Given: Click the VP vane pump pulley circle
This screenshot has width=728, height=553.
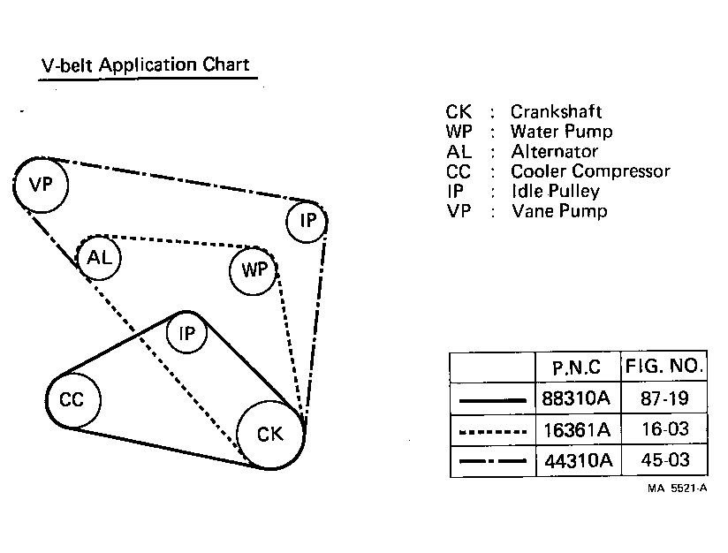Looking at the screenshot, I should [42, 186].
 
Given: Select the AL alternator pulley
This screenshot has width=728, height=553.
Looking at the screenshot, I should [100, 258].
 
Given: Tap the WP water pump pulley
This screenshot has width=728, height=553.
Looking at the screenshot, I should [254, 269].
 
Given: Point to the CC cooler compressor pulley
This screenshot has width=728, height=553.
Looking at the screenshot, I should [72, 400].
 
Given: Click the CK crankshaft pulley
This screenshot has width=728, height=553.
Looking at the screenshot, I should [270, 434].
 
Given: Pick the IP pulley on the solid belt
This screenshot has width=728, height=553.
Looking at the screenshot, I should [186, 334].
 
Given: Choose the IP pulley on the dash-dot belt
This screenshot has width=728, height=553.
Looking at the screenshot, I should [307, 221].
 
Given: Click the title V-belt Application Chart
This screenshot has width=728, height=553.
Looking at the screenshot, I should [146, 65].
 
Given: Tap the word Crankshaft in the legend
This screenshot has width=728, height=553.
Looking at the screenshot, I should [556, 112].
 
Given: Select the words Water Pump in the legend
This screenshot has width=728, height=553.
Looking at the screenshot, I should [561, 132].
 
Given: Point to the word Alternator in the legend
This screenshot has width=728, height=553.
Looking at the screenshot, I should [554, 151].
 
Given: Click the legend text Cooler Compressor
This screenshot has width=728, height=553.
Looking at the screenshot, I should [590, 171].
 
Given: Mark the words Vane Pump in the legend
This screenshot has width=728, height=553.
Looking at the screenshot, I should [559, 211].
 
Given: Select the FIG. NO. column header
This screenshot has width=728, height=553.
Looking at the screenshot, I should [664, 367].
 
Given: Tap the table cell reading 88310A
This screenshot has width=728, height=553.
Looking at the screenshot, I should [575, 398].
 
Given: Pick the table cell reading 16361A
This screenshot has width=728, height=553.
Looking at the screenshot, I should [575, 430].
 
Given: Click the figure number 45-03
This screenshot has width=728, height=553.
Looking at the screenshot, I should [664, 461].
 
